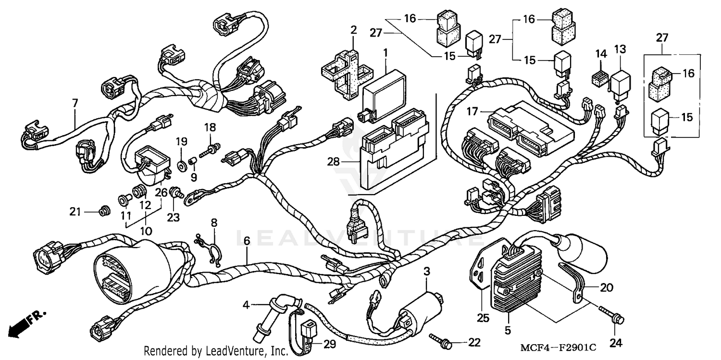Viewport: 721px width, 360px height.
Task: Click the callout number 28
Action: tap(333, 163)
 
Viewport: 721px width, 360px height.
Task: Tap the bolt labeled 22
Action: tap(441, 340)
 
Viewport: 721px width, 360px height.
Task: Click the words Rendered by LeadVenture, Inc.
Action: tap(216, 350)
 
